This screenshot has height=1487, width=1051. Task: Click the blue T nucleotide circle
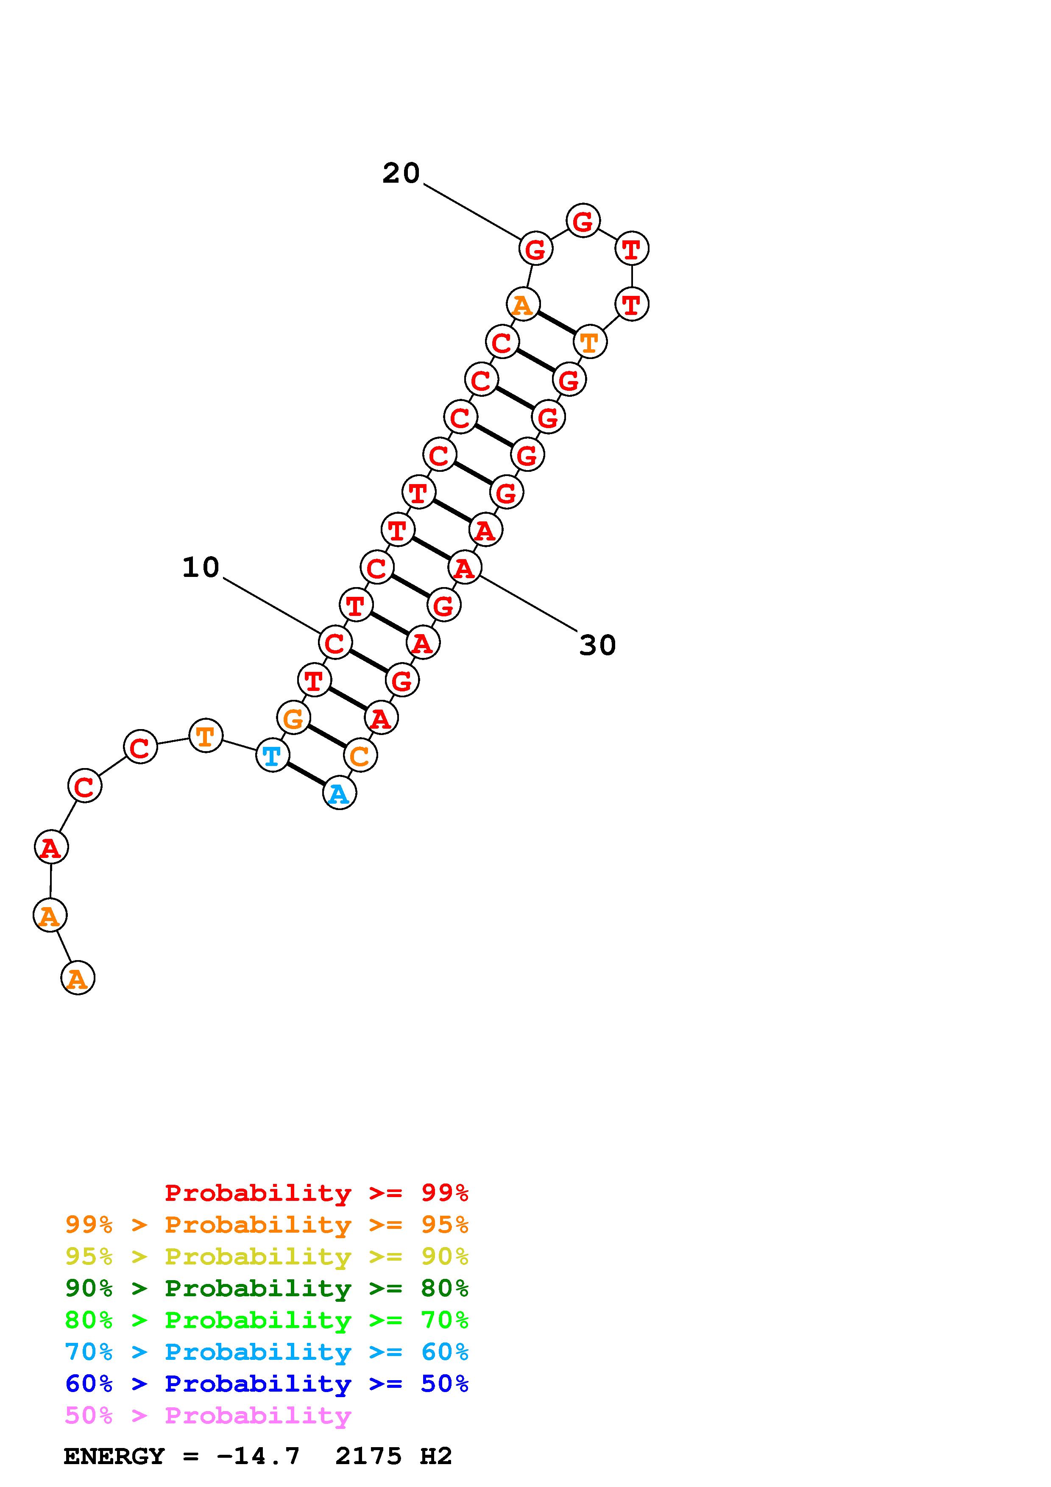[273, 755]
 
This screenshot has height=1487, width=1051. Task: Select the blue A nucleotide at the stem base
[339, 794]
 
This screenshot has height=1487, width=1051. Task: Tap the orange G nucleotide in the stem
[293, 718]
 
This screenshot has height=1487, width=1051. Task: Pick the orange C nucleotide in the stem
[360, 755]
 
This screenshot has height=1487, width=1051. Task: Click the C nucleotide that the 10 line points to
[335, 643]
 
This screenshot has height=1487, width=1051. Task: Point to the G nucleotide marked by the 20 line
[536, 248]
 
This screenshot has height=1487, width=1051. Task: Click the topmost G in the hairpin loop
[583, 221]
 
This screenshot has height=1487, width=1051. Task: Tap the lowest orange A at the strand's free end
[78, 977]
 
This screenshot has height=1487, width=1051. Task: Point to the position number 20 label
[401, 173]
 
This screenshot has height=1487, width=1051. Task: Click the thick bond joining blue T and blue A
[306, 774]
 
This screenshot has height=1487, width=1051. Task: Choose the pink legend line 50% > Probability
[209, 1415]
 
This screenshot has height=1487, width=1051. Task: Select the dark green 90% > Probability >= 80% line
[267, 1288]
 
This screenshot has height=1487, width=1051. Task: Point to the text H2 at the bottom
[436, 1456]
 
